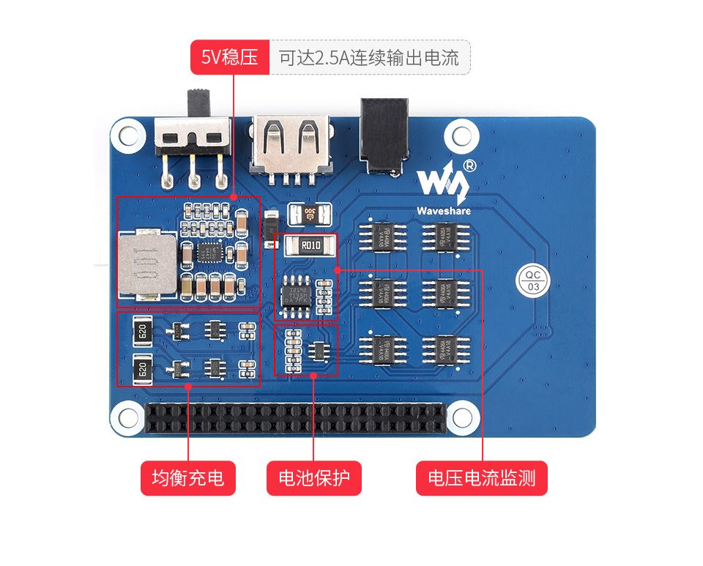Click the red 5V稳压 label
(230, 57)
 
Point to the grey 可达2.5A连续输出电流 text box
(369, 57)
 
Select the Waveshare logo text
(444, 211)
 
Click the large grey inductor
(147, 267)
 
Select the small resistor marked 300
(310, 214)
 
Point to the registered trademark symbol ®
(470, 165)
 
